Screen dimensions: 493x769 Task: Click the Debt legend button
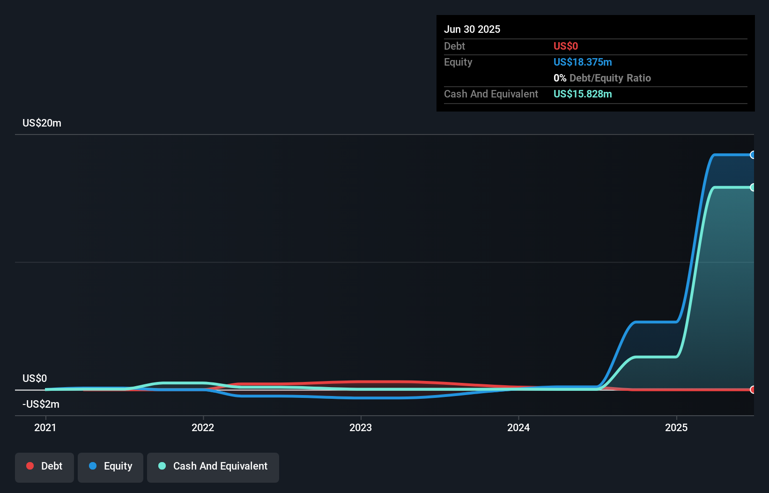click(x=44, y=467)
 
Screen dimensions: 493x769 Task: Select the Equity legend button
click(x=111, y=467)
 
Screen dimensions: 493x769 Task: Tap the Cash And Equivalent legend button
click(x=213, y=467)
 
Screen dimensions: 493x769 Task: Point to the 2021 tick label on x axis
click(x=45, y=427)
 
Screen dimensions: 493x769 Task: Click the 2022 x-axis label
click(x=203, y=427)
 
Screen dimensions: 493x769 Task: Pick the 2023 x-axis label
click(x=361, y=427)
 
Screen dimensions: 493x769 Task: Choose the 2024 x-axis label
click(x=518, y=427)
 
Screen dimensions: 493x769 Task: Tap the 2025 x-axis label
click(x=676, y=427)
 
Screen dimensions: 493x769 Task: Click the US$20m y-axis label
click(x=42, y=123)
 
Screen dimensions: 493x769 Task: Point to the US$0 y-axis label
click(x=35, y=378)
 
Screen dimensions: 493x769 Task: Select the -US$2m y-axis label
click(x=41, y=404)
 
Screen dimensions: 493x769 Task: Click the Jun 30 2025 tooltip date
click(x=472, y=29)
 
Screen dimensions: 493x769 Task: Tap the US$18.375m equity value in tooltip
click(x=583, y=62)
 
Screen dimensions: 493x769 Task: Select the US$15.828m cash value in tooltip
click(x=583, y=94)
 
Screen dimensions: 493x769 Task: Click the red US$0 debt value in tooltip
click(x=566, y=46)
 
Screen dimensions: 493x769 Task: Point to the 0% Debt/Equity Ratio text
click(x=602, y=78)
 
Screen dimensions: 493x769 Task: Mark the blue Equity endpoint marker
click(x=753, y=155)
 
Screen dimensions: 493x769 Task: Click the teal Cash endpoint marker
click(x=753, y=187)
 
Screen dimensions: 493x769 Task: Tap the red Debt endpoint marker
click(x=753, y=389)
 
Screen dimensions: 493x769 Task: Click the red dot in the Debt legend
click(x=30, y=466)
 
